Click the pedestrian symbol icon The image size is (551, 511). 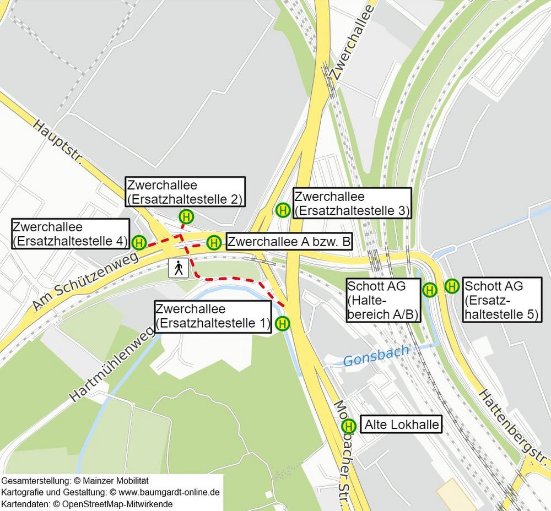click(x=178, y=268)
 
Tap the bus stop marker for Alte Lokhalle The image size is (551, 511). click(x=348, y=426)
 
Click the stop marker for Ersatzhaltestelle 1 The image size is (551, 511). click(x=282, y=324)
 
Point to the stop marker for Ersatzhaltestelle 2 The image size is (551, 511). click(x=186, y=218)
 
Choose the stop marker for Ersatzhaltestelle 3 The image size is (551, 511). click(x=283, y=210)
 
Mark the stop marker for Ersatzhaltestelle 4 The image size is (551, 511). click(x=139, y=242)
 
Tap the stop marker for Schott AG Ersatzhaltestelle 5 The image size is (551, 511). click(x=452, y=286)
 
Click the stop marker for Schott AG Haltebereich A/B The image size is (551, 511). click(x=429, y=289)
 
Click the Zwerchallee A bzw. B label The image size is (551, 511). click(x=289, y=242)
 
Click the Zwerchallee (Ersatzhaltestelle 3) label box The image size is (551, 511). click(x=352, y=203)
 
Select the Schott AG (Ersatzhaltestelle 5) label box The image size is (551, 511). click(x=501, y=301)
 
